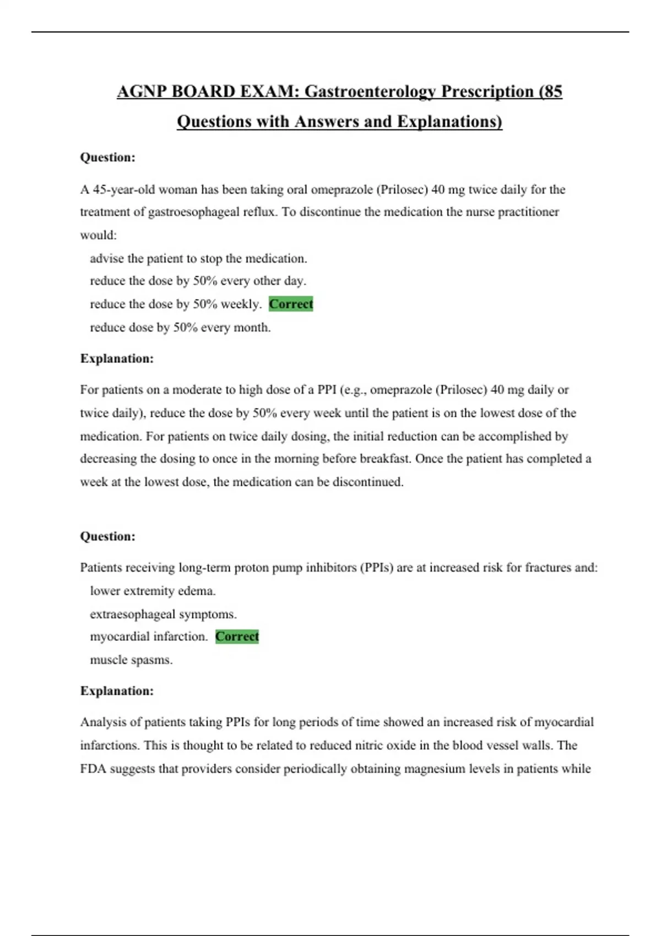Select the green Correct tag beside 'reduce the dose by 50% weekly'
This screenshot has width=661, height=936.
(x=291, y=304)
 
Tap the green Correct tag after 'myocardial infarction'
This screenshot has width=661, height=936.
(x=237, y=636)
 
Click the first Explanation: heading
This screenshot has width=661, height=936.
(x=117, y=358)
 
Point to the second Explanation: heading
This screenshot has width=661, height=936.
(x=117, y=691)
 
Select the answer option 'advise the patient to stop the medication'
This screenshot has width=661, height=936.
(x=198, y=258)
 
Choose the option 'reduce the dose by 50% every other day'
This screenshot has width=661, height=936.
(x=198, y=281)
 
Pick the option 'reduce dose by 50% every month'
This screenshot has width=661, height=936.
(x=180, y=328)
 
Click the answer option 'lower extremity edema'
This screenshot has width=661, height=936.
(x=153, y=591)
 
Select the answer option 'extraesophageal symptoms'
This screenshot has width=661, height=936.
(x=163, y=614)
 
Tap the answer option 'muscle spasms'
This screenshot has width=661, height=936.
(x=131, y=660)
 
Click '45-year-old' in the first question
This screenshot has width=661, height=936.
(x=124, y=190)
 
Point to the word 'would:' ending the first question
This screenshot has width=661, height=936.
(x=98, y=235)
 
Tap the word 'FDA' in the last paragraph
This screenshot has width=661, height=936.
(x=93, y=769)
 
